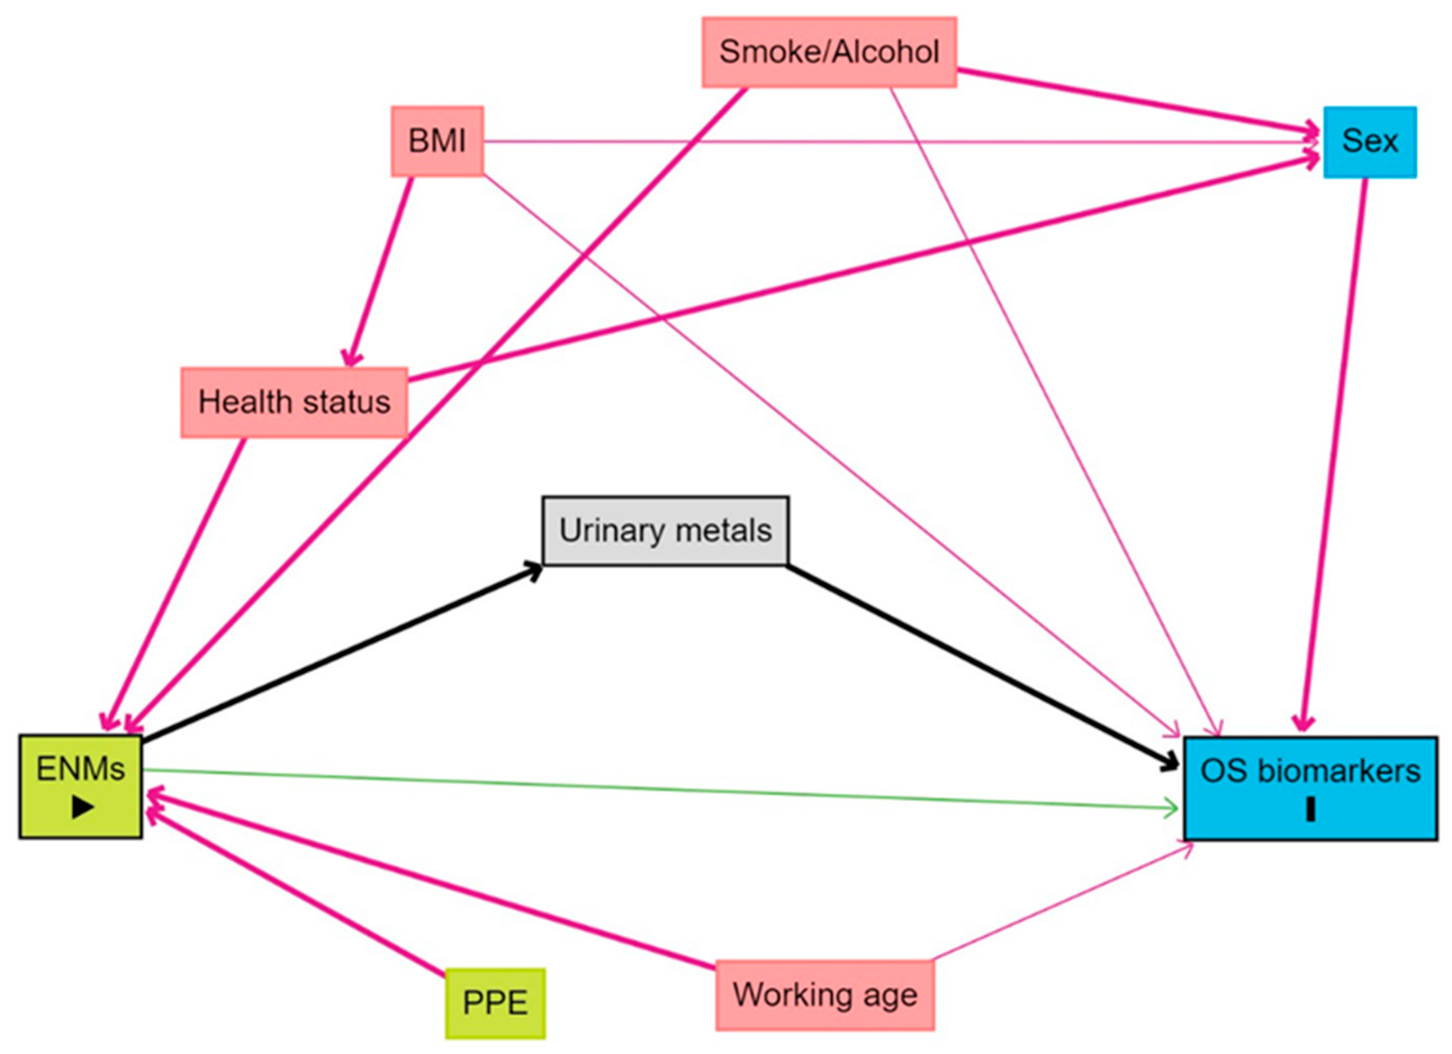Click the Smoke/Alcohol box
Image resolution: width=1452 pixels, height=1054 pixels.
(828, 52)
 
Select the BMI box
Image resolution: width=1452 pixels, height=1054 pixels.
(438, 141)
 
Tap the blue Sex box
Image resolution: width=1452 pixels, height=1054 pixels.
(1369, 142)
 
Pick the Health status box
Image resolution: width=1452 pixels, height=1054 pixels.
(294, 402)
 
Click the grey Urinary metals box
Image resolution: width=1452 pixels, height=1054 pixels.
(665, 531)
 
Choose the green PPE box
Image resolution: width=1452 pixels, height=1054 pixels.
(495, 1003)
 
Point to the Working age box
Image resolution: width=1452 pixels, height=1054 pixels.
(824, 995)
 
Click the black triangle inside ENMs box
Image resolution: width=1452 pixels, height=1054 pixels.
(83, 808)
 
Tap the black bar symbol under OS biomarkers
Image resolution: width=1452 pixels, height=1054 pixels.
(1310, 809)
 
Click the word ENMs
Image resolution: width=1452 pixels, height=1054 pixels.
(80, 768)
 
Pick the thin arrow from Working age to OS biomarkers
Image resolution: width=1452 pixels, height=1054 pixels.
(1063, 902)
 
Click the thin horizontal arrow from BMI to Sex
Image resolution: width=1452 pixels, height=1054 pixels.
(896, 142)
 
